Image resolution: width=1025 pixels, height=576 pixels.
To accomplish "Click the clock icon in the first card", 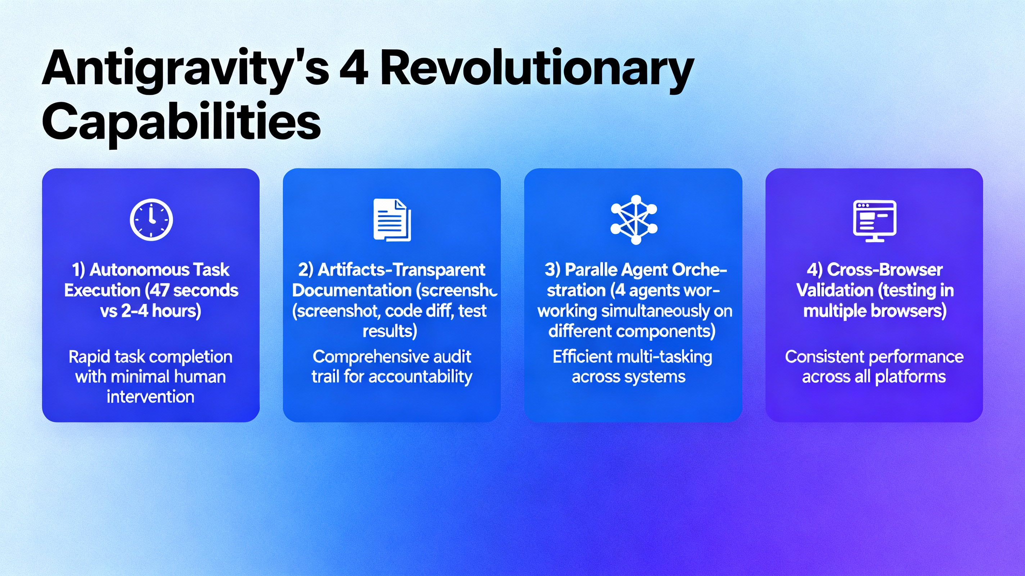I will [x=151, y=219].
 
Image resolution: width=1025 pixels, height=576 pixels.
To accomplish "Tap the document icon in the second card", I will [x=392, y=220].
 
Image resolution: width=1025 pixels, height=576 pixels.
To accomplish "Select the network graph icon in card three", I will [x=634, y=219].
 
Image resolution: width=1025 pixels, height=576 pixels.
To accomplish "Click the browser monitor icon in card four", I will [x=875, y=221].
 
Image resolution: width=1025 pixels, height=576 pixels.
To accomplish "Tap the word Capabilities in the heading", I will [x=181, y=121].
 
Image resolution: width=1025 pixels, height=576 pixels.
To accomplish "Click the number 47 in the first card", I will [x=159, y=290].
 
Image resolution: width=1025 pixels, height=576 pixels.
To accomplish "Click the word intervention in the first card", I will [x=150, y=397].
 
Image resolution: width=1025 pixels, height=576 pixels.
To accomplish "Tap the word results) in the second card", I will [x=390, y=331].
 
